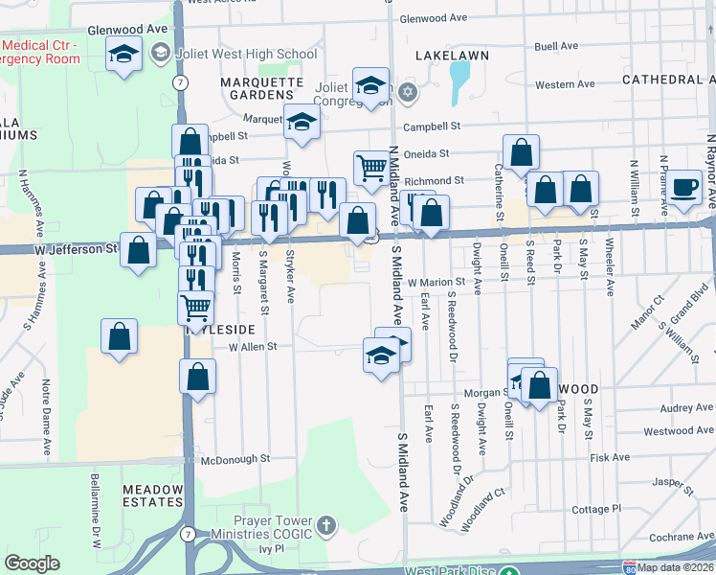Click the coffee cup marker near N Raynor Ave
click(x=684, y=188)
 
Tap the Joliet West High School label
click(x=245, y=54)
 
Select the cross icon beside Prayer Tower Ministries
click(x=326, y=525)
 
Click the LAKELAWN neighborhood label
click(x=452, y=56)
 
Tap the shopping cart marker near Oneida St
click(x=370, y=167)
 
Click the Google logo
click(x=32, y=563)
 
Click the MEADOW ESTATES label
click(x=152, y=495)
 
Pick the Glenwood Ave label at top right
click(x=433, y=18)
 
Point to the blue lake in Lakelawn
click(x=460, y=81)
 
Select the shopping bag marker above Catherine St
click(x=521, y=151)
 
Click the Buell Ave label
click(x=557, y=46)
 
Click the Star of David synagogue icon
click(x=408, y=93)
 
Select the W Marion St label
click(x=436, y=283)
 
